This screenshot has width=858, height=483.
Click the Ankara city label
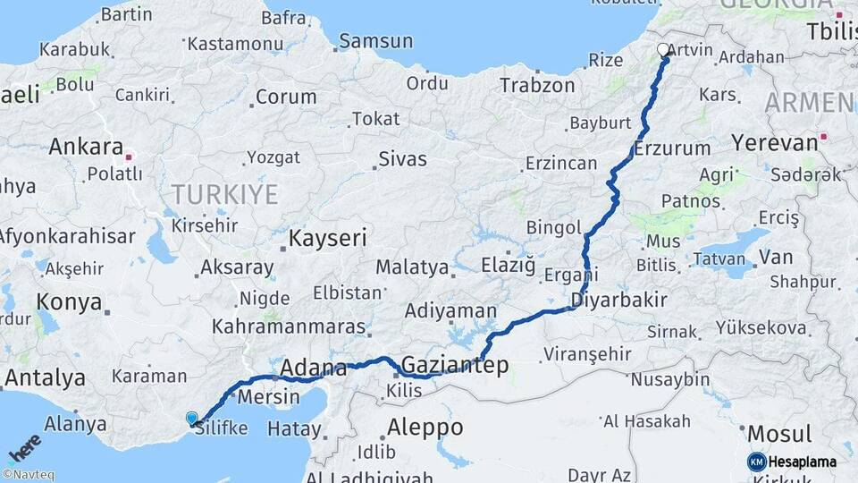tap(86, 146)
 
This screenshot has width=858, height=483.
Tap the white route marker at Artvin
tap(663, 50)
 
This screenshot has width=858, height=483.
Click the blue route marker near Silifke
tap(191, 418)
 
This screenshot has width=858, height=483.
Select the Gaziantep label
tap(455, 364)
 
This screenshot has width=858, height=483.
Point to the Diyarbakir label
tap(620, 300)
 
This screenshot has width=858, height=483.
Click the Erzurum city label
tap(672, 148)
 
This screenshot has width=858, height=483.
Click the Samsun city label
tap(376, 41)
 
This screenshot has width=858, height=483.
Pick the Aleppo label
tap(425, 427)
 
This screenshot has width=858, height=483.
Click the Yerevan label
tap(774, 142)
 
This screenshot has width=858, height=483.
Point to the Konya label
tap(70, 301)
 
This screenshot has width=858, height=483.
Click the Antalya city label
tap(45, 377)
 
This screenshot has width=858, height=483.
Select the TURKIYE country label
tap(225, 193)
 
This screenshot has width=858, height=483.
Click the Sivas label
tap(402, 159)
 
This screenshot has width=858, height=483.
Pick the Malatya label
tap(412, 267)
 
